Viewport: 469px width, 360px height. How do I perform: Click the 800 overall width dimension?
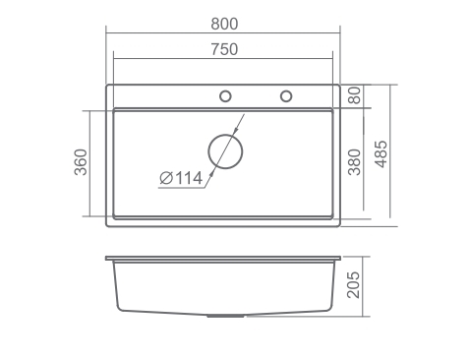(224, 24)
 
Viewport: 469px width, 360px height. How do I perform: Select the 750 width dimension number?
(224, 49)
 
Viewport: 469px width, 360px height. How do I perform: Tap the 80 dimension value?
(355, 95)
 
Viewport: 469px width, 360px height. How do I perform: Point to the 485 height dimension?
(381, 154)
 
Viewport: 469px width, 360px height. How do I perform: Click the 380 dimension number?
(355, 162)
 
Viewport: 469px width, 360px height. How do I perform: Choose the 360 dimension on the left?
(81, 162)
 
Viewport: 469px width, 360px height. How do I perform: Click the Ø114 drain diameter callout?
(181, 178)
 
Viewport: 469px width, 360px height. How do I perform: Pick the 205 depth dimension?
(353, 285)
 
